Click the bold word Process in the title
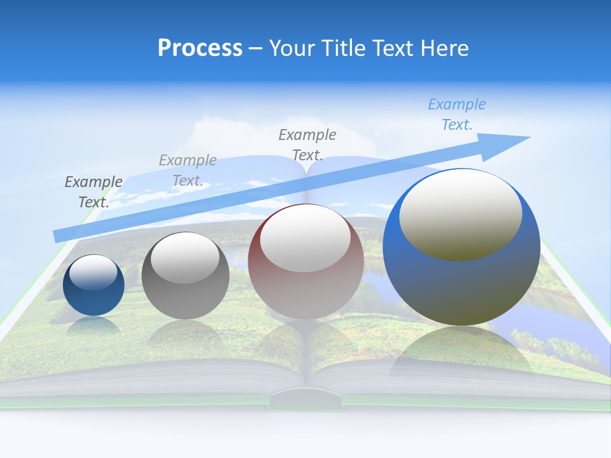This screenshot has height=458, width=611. click(x=200, y=48)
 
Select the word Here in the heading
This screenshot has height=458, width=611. click(x=444, y=48)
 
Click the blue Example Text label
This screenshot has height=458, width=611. click(x=457, y=114)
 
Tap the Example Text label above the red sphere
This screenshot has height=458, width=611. click(x=307, y=144)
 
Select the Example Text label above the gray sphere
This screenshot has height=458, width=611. click(x=188, y=170)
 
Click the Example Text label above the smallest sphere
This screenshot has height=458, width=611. click(x=94, y=191)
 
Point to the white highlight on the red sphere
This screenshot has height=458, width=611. click(x=305, y=238)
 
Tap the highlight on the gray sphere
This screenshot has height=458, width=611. click(x=185, y=258)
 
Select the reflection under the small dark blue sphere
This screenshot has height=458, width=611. click(x=94, y=325)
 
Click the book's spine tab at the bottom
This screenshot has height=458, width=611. click(x=306, y=400)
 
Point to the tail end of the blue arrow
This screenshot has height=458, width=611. click(x=57, y=236)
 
